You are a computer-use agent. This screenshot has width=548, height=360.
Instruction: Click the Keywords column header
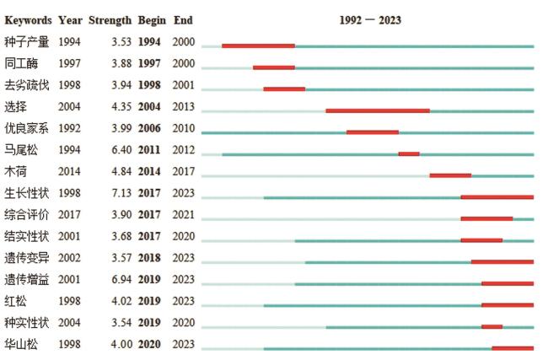tap(28, 20)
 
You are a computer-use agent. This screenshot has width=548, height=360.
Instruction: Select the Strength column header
tap(110, 20)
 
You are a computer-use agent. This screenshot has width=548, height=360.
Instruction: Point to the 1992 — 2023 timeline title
tap(370, 20)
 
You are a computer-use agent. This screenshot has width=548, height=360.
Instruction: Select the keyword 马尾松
tap(21, 150)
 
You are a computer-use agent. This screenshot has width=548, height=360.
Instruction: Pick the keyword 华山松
tap(21, 344)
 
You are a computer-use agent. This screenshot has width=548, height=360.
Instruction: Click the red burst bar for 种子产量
tap(258, 46)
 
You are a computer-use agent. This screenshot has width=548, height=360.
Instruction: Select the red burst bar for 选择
tap(378, 110)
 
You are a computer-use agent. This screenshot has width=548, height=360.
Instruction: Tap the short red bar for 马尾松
tap(409, 153)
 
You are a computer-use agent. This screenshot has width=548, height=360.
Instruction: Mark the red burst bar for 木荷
tap(450, 175)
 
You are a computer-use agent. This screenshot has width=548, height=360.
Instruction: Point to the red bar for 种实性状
tap(492, 326)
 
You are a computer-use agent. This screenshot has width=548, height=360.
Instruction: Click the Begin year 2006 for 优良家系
tap(152, 128)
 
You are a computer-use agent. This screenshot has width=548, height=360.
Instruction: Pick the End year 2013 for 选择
tap(183, 107)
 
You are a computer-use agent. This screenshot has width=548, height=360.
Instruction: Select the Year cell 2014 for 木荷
tap(70, 171)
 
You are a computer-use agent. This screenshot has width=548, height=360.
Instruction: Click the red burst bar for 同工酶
tap(274, 67)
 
